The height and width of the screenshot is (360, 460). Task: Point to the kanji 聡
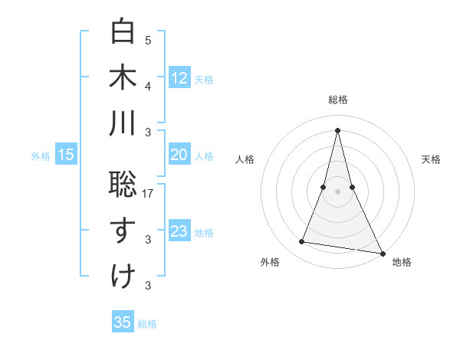point(123,183)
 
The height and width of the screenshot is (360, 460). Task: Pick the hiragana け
point(123,275)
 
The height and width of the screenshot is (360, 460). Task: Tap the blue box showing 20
point(179,155)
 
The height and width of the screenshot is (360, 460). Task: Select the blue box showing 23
point(179,231)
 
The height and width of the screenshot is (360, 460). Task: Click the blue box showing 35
point(123,322)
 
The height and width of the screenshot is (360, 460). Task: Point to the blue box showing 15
point(66,155)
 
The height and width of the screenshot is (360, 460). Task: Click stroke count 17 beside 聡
point(149,195)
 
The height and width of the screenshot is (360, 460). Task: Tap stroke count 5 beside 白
point(148,41)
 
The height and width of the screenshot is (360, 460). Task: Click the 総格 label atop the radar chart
point(337,100)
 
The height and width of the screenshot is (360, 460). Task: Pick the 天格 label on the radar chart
point(431,159)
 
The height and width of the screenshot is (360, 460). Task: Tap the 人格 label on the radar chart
point(245,159)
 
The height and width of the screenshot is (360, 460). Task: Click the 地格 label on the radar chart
point(402,262)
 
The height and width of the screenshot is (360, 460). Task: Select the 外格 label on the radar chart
point(270,262)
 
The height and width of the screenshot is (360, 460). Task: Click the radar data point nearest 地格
point(382,254)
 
